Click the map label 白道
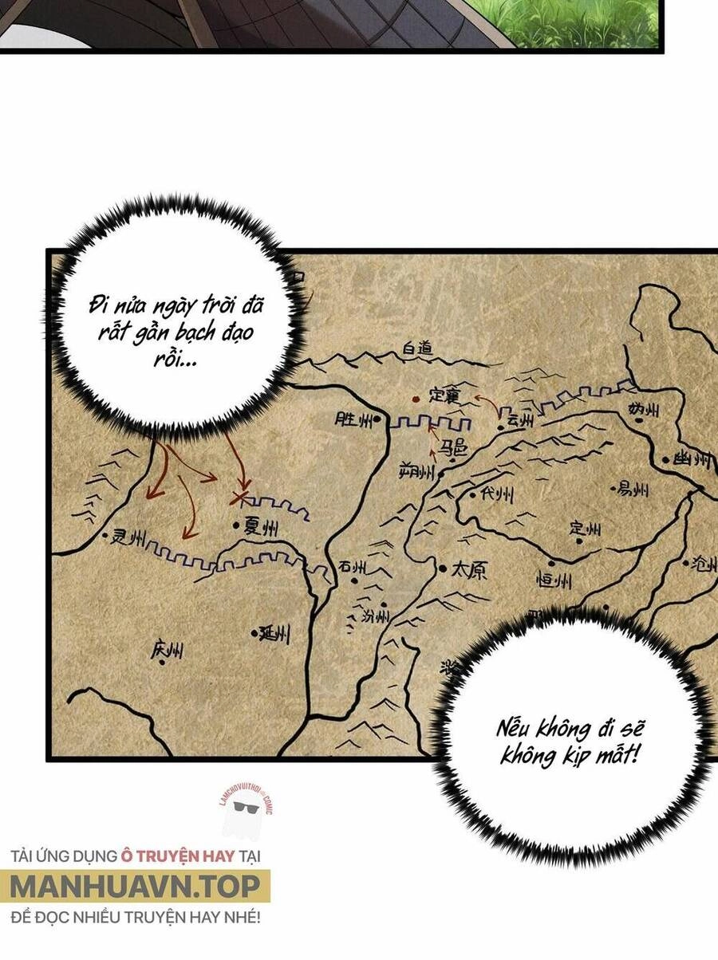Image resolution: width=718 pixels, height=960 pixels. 416,349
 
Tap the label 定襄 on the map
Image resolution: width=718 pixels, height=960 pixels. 444,395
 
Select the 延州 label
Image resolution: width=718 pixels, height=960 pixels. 274,634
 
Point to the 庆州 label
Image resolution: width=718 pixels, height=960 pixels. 167,651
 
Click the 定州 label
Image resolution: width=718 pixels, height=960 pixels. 585,529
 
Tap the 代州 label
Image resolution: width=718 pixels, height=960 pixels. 496,495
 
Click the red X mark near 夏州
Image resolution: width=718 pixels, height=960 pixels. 239,498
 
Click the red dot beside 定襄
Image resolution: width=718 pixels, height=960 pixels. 414,399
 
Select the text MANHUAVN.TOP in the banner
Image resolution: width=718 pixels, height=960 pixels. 136,886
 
